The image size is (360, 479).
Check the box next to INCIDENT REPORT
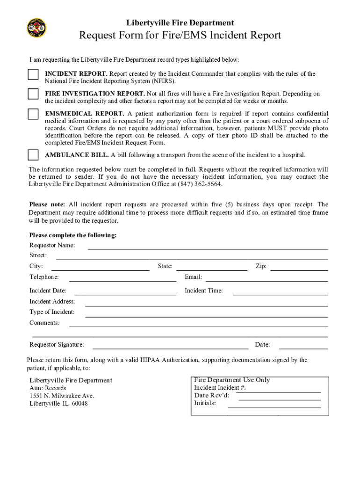(x=33, y=75)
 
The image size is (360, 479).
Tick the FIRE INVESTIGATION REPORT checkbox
(x=33, y=94)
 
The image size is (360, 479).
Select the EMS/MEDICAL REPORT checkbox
(x=33, y=114)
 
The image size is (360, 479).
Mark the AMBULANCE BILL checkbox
(x=33, y=155)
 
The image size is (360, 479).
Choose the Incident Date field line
(x=122, y=294)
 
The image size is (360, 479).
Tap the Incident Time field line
(x=280, y=294)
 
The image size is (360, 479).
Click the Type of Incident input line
(x=206, y=316)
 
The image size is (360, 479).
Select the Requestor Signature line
(x=171, y=348)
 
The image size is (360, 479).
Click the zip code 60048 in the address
(x=79, y=403)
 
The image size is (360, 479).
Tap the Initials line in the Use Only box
(x=274, y=407)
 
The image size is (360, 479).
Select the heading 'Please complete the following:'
(x=73, y=235)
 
